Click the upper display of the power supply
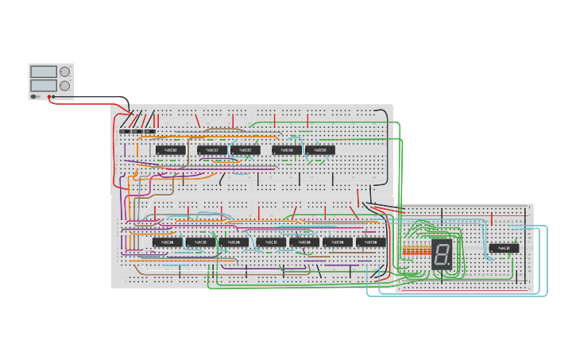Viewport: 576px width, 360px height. (44, 72)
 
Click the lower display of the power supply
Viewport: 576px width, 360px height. (44, 85)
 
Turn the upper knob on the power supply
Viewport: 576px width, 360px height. (64, 72)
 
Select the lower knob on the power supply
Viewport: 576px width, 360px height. (64, 85)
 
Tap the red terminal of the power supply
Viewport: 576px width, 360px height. (50, 97)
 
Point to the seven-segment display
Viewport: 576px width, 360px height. (442, 254)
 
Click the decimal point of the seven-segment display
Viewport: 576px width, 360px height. (450, 265)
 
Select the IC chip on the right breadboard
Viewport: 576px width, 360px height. (504, 248)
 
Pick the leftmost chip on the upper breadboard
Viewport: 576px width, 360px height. (170, 149)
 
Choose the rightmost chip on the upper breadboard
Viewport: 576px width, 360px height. (320, 149)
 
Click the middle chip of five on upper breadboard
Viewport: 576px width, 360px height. (245, 149)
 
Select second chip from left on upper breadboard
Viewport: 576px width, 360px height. (212, 149)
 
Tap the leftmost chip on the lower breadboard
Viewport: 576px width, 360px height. (167, 242)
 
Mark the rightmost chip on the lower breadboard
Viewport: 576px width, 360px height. (371, 242)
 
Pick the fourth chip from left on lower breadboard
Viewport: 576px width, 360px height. (270, 242)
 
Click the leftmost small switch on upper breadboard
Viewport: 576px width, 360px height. (125, 131)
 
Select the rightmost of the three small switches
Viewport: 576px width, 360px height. (149, 131)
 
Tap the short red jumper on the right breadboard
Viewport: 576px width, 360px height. (493, 219)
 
